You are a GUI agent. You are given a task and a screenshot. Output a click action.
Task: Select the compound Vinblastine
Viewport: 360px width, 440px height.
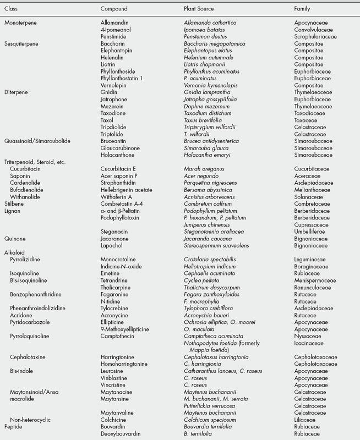coord(114,379)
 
